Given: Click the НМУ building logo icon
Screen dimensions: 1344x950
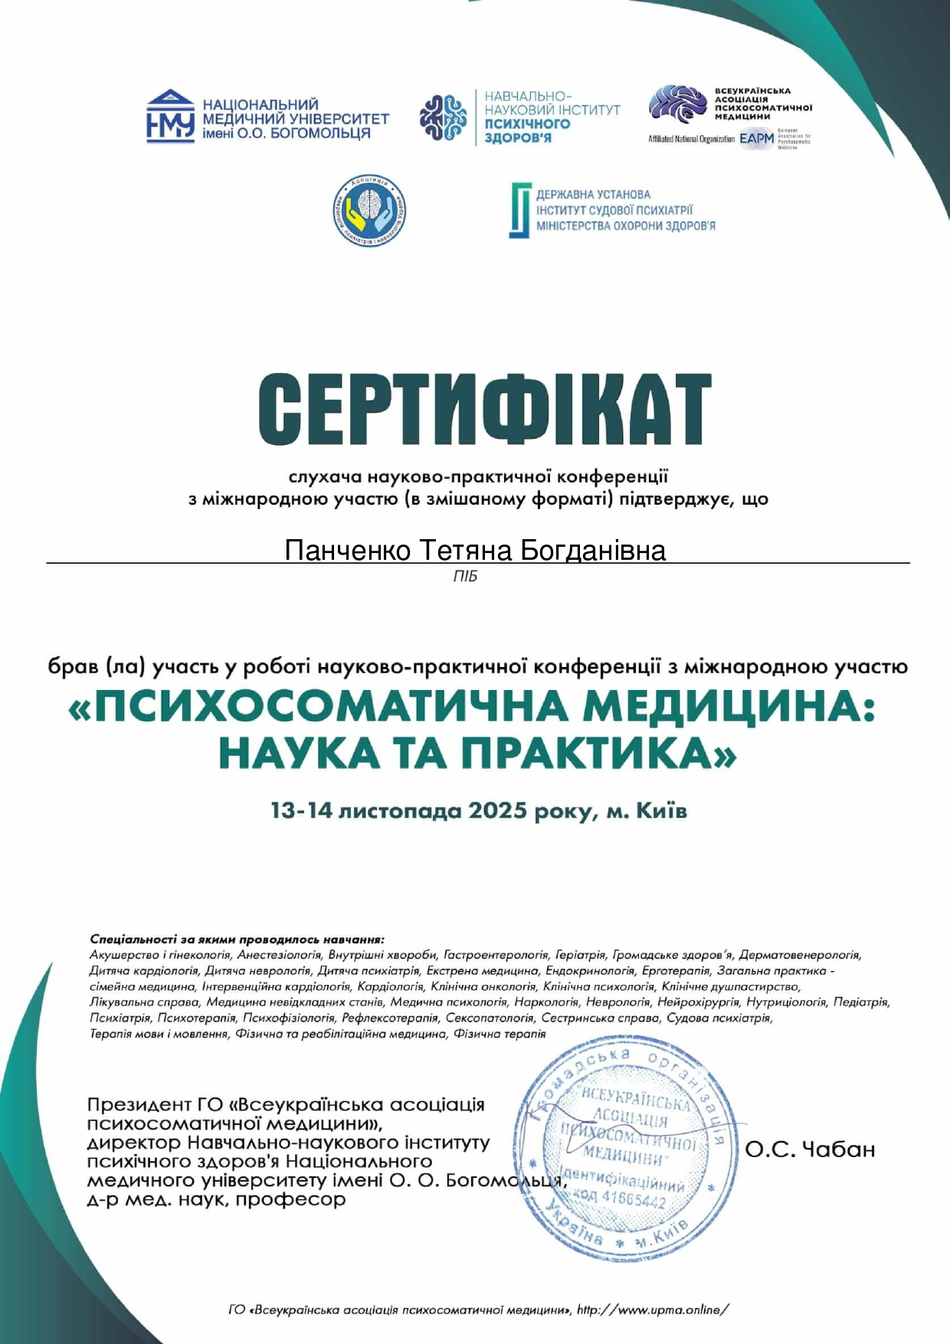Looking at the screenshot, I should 170,116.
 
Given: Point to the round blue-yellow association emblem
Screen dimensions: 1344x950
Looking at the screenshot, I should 369,211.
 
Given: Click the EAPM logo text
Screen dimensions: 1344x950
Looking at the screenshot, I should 757,139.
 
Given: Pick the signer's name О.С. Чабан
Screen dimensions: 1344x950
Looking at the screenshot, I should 809,1149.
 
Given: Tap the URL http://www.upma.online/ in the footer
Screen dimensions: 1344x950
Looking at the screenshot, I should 652,1310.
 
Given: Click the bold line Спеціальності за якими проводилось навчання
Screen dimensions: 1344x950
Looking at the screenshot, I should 237,939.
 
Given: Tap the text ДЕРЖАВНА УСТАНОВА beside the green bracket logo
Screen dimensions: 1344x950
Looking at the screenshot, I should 593,195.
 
